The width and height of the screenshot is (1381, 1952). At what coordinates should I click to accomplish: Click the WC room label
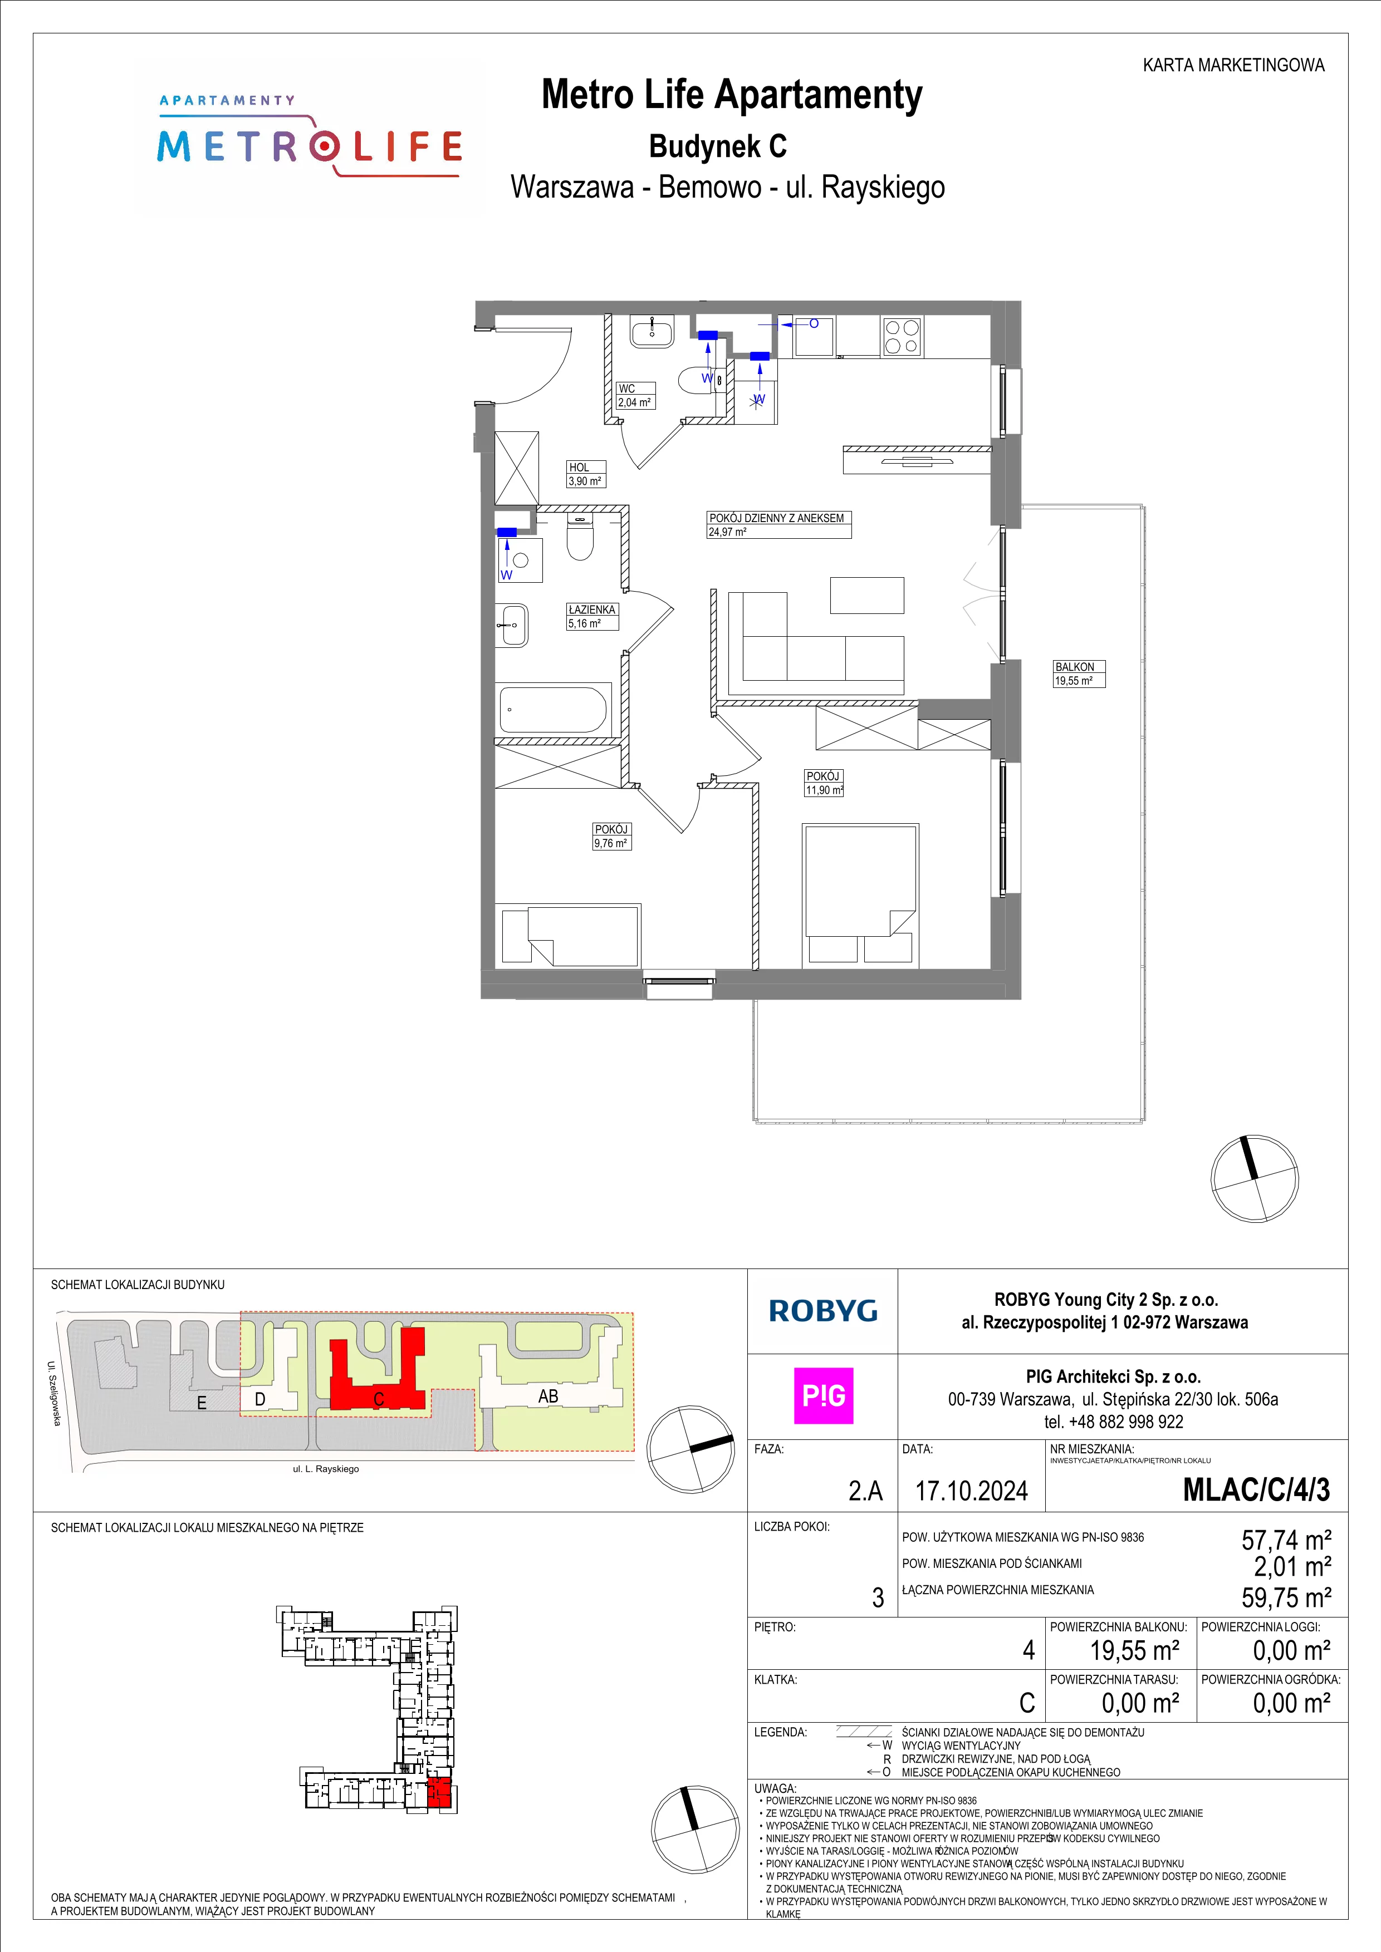pos(626,389)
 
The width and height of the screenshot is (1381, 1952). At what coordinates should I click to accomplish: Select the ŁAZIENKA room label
pos(592,609)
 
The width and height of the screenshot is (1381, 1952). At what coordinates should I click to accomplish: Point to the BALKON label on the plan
pos(1075,667)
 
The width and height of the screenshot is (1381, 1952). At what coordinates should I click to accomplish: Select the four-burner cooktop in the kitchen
pos(902,335)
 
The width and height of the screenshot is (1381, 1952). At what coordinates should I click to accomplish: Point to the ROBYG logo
pos(822,1311)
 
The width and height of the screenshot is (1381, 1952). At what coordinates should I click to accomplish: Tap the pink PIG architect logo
pos(823,1396)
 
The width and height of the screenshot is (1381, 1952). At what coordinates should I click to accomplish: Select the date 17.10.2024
pos(971,1491)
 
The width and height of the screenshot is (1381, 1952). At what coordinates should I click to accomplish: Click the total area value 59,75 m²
pos(1286,1597)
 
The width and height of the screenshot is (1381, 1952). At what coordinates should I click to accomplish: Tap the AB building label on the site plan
pos(549,1395)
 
